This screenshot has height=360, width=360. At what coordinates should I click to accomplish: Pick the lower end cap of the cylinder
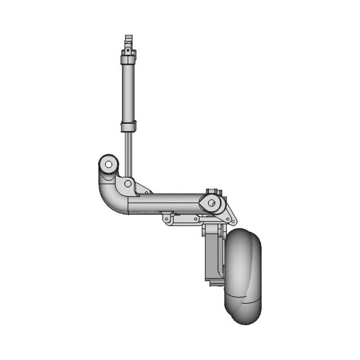click(128, 126)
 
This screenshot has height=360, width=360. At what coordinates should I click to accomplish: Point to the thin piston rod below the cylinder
click(129, 152)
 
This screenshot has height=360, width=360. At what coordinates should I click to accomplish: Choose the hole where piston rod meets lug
click(128, 183)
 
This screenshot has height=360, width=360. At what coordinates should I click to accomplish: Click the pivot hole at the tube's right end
click(211, 203)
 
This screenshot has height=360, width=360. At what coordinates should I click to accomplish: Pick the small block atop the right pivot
click(211, 192)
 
